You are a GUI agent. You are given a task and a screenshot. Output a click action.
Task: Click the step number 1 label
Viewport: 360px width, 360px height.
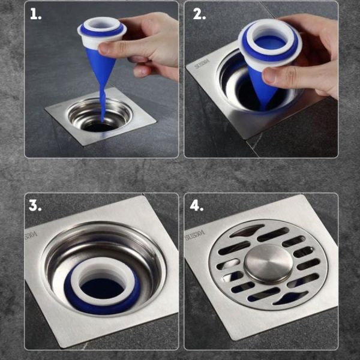[x=35, y=15]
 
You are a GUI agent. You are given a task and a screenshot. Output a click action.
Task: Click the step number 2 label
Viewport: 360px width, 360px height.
[x=199, y=15]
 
